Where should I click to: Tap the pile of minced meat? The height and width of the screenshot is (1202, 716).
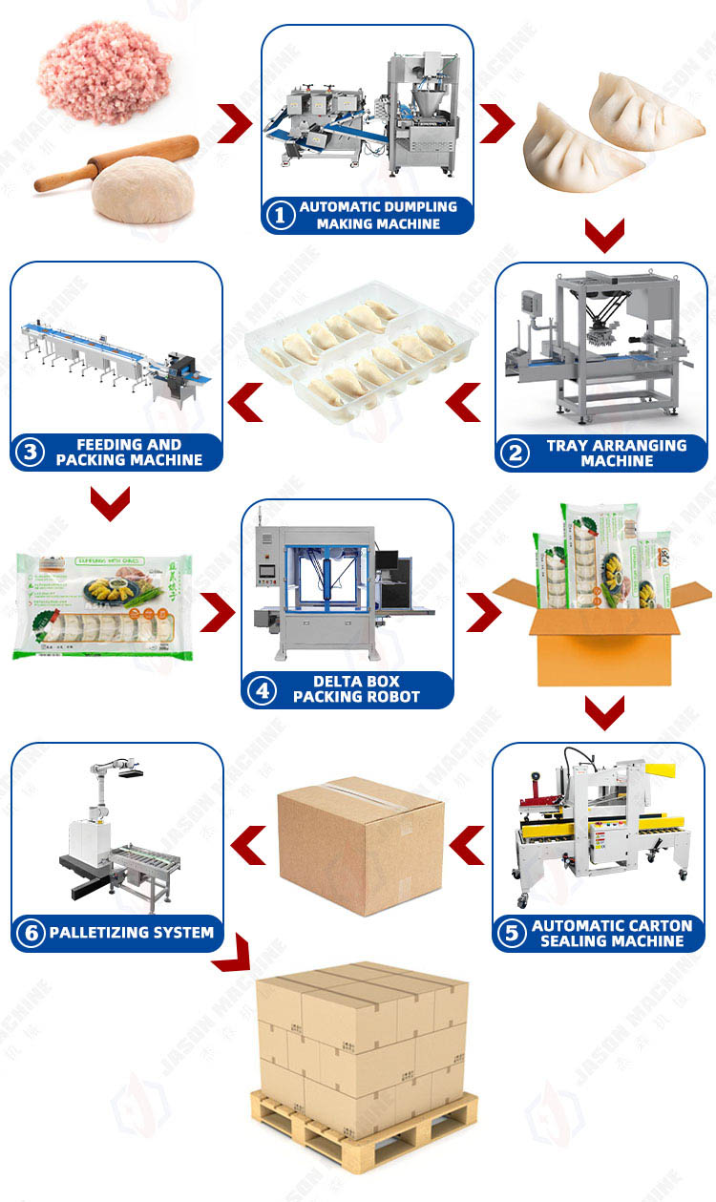tap(105, 72)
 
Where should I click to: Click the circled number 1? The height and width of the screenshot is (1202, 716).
tap(280, 216)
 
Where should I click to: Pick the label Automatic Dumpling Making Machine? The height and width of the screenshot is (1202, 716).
tap(378, 216)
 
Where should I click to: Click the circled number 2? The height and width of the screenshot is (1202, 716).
tap(516, 453)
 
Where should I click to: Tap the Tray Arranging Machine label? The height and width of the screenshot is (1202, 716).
tap(616, 453)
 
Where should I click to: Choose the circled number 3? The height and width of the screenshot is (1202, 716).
tap(31, 453)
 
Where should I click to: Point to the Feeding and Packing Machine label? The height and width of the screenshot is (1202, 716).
tap(129, 453)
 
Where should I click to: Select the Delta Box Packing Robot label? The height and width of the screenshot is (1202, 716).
tap(355, 689)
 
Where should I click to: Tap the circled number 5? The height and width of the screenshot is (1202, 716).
tap(514, 933)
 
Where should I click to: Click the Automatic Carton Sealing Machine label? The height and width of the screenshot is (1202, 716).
tap(611, 933)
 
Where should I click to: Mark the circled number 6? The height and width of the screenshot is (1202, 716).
tap(31, 932)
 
